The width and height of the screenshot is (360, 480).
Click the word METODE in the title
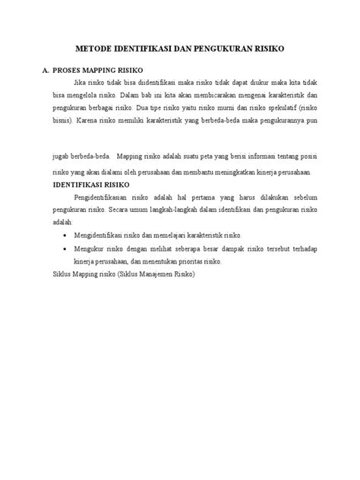[96, 48]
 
